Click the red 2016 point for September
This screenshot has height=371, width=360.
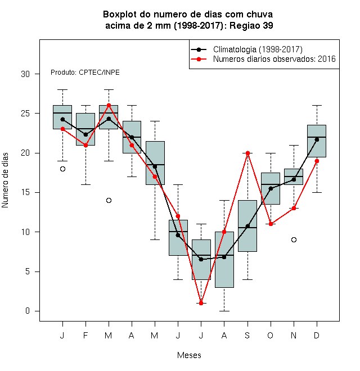point(247,153)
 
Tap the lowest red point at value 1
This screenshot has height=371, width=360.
point(201,303)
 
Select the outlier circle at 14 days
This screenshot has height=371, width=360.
point(109,201)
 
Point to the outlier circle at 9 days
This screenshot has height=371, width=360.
point(294,239)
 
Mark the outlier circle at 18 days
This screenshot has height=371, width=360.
point(62,169)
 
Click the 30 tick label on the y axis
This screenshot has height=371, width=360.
point(25,74)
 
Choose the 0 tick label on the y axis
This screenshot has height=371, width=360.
point(28,311)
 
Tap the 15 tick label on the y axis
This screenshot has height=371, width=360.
point(25,192)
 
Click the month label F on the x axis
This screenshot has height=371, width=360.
point(85,335)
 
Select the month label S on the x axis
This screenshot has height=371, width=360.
point(247,335)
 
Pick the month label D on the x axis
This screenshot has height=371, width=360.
point(317,335)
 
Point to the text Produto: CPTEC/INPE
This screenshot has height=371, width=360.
point(85,73)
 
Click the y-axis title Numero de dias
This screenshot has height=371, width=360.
point(5,180)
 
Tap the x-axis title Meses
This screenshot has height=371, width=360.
point(189,355)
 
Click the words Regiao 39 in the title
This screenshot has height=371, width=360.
point(251,25)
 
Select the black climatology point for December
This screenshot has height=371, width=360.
point(317,139)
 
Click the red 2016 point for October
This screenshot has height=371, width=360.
point(271,224)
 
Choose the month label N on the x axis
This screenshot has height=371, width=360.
point(294,335)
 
